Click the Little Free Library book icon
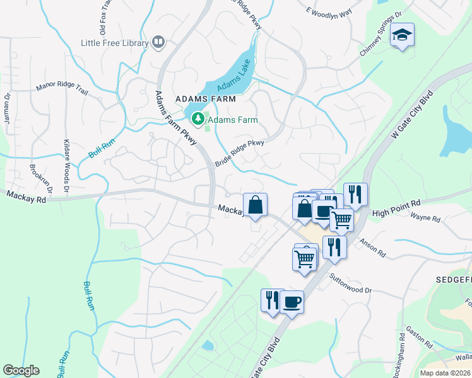point(158,43)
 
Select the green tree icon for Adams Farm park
point(198,118)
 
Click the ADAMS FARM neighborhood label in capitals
point(206,100)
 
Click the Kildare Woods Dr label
point(66,163)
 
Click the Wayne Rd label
point(425,218)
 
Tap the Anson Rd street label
point(373,246)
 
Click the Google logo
point(21,370)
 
